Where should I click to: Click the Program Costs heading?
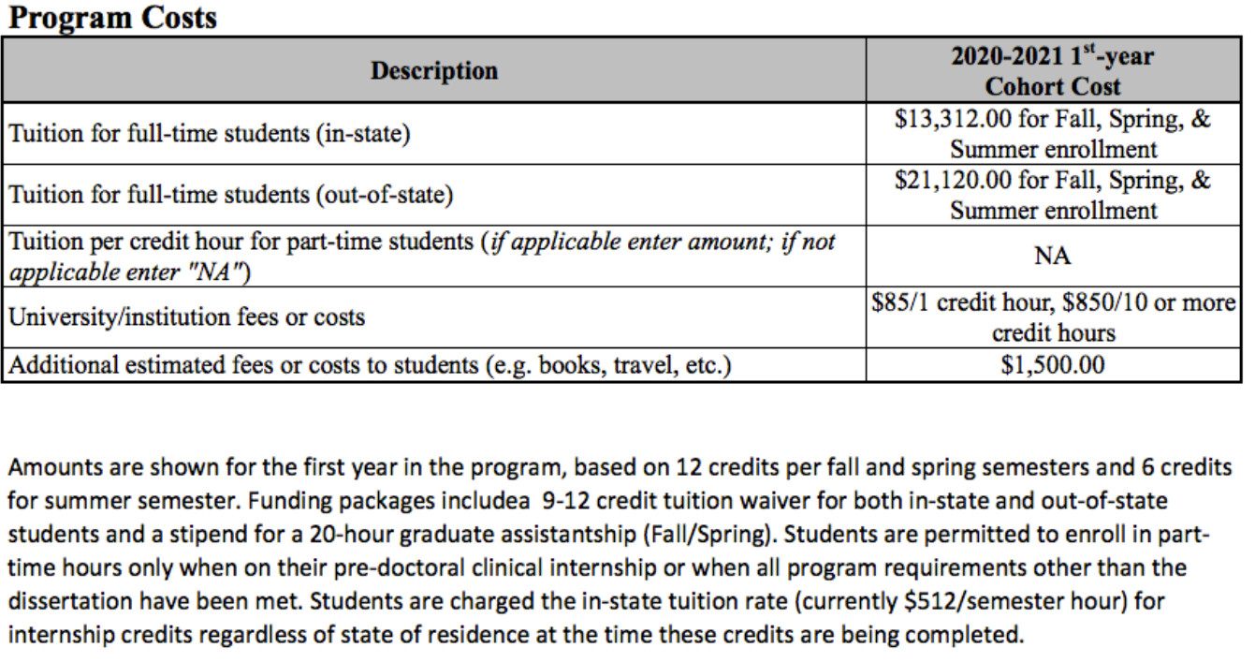pos(111,17)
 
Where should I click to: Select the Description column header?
pos(434,70)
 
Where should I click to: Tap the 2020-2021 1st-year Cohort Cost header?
pos(1052,70)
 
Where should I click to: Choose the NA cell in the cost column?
pos(1052,256)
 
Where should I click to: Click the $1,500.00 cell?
pos(1052,365)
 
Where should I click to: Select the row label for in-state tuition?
pos(210,133)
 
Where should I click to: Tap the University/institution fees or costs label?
pos(186,316)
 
